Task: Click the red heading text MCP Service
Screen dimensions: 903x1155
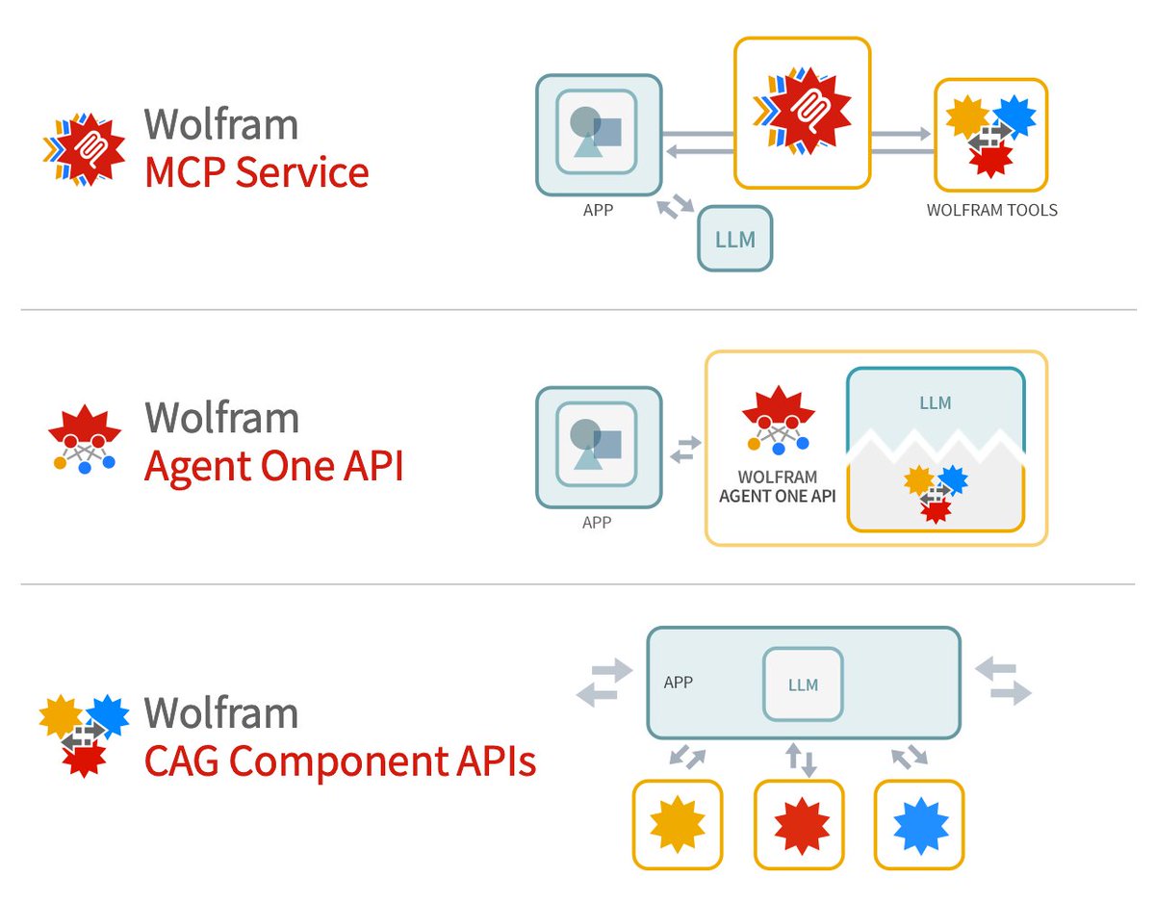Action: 256,173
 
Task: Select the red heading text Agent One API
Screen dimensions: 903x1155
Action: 273,467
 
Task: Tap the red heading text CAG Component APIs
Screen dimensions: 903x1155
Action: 340,761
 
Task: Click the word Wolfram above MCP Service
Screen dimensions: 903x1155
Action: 220,124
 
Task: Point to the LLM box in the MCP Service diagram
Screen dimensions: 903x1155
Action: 735,239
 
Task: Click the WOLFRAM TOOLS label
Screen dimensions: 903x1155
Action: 991,210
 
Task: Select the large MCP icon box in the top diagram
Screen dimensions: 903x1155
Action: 802,112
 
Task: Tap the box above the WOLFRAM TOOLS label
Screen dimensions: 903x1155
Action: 990,135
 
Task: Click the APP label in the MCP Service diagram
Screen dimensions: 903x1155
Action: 598,210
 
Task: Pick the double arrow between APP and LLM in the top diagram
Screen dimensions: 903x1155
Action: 674,207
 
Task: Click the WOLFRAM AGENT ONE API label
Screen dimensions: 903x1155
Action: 778,486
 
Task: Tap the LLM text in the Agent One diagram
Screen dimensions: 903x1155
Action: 935,403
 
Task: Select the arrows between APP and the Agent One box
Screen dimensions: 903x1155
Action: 684,450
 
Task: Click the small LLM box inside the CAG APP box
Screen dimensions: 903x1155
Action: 803,684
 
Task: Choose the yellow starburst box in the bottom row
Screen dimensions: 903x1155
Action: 678,824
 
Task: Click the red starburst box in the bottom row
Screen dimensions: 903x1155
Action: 799,824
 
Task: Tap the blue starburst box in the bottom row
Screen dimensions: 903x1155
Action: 919,824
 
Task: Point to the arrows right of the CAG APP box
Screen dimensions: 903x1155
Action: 1004,681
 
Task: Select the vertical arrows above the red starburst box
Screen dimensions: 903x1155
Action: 801,760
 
